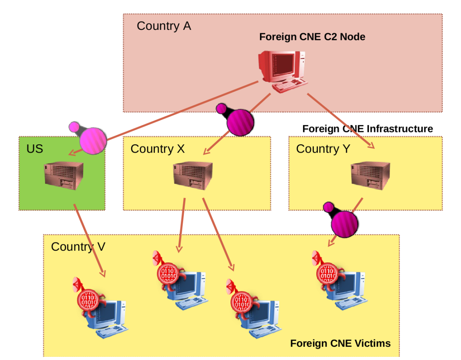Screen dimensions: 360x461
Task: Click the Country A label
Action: [x=164, y=26]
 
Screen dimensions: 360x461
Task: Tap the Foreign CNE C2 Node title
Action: [x=312, y=37]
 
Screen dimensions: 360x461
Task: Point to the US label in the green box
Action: [x=35, y=149]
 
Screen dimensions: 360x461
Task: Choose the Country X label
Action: [x=158, y=149]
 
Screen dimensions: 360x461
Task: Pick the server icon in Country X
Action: [x=193, y=176]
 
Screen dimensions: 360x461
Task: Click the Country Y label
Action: [x=323, y=149]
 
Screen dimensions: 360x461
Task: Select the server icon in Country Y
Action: [x=370, y=176]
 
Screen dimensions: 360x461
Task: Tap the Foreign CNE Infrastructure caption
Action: [x=367, y=129]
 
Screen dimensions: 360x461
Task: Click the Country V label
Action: [x=78, y=247]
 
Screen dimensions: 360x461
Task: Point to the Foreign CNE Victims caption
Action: [x=340, y=343]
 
